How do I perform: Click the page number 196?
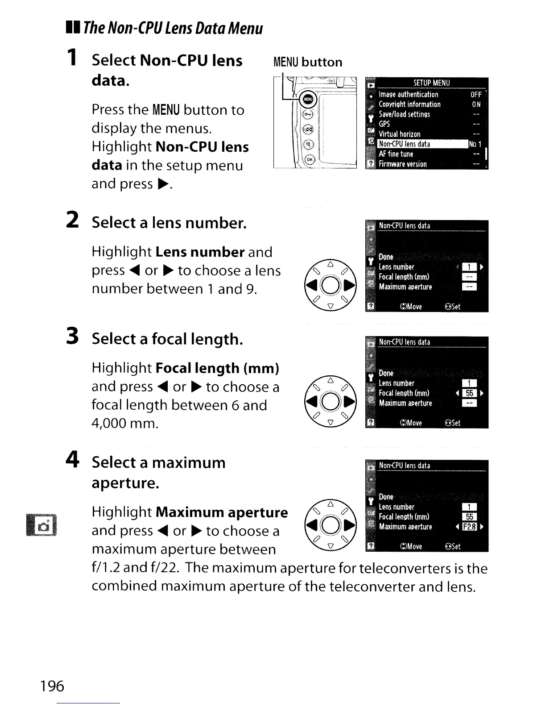(52, 686)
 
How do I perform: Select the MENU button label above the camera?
(308, 62)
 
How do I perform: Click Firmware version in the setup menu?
(402, 164)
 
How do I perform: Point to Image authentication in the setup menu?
(408, 94)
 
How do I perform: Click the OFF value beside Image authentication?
(476, 94)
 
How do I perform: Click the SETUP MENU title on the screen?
(431, 83)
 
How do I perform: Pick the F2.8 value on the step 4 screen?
(469, 527)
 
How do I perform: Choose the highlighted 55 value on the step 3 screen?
(469, 393)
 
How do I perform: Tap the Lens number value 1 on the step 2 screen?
(469, 267)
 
